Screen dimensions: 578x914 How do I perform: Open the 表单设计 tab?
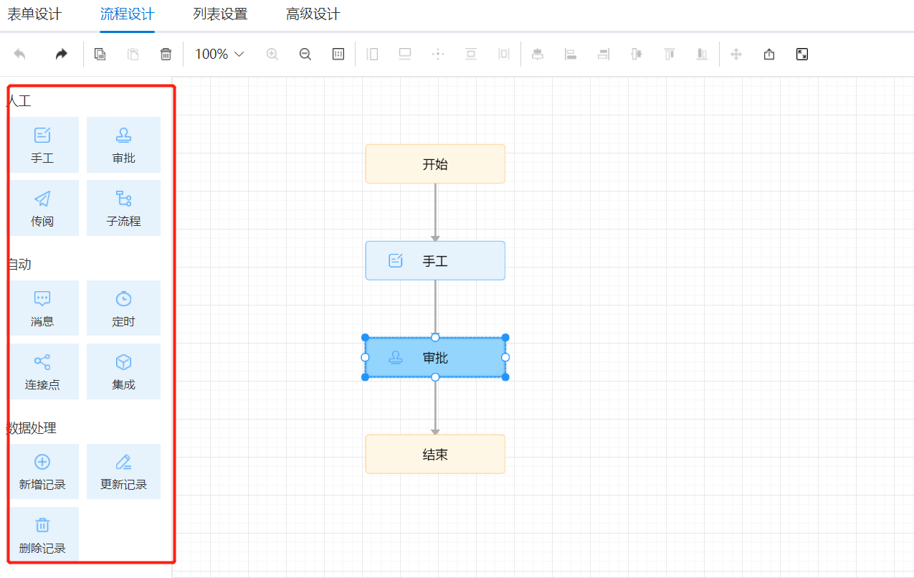(x=34, y=14)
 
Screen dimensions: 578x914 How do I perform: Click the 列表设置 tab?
(x=220, y=14)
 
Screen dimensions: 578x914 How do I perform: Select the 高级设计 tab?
(x=313, y=14)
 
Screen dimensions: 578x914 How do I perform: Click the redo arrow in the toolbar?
(x=61, y=54)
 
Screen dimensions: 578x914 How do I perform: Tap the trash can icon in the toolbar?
(x=166, y=54)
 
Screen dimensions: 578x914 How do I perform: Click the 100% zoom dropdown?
(x=219, y=54)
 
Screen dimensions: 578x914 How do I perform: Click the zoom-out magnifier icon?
(x=305, y=54)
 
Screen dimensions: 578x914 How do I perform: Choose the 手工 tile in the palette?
(x=43, y=145)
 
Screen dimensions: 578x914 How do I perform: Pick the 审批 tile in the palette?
(x=123, y=145)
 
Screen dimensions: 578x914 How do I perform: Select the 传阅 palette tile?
(x=43, y=208)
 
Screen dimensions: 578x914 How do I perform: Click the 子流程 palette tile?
(x=123, y=208)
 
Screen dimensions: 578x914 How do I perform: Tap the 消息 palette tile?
(x=43, y=308)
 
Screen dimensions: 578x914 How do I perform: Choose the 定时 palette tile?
(x=123, y=308)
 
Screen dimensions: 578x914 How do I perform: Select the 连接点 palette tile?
(x=43, y=371)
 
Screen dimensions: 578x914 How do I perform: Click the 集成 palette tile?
(x=123, y=371)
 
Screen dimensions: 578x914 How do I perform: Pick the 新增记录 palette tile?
(x=43, y=472)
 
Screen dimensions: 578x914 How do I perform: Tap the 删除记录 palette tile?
(x=43, y=535)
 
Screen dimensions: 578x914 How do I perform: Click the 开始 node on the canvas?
(x=435, y=164)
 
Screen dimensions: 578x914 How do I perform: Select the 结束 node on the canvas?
(x=435, y=455)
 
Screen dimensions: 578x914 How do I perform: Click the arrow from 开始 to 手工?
(x=435, y=212)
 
